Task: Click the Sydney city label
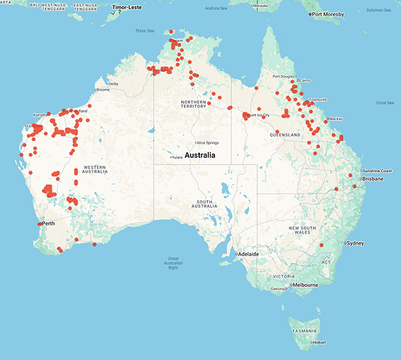tap(356, 244)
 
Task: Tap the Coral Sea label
tap(385, 102)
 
